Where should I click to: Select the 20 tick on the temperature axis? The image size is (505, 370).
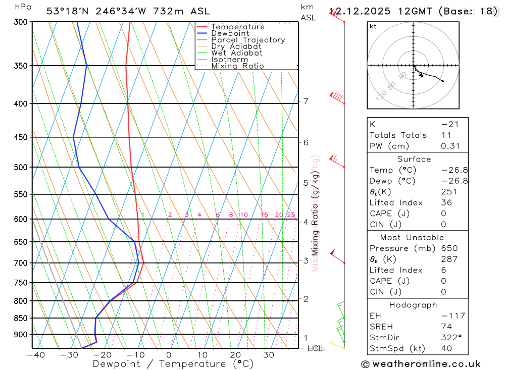coord(235,355)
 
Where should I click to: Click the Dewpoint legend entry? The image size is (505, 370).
coord(230,33)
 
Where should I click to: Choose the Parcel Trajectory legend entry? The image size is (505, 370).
coord(248,40)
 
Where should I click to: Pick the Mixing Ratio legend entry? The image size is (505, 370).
coord(237,66)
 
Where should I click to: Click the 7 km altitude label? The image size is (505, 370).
coord(306,101)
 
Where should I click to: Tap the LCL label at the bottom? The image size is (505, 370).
coord(315,348)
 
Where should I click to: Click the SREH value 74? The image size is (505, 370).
coord(446,327)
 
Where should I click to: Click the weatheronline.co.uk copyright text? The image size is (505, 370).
coord(421,363)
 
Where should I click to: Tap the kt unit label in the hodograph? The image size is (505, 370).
coord(373,26)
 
